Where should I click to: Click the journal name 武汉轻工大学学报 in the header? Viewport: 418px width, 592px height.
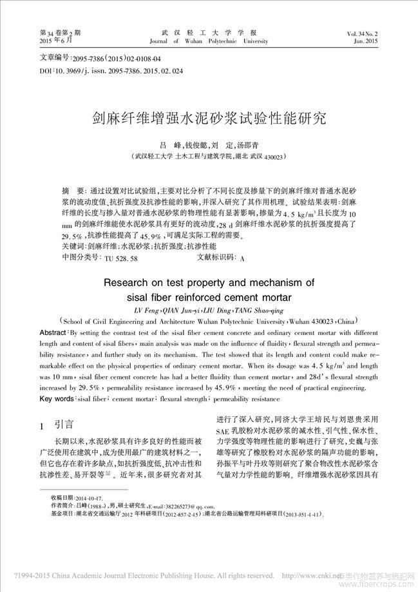click(x=209, y=32)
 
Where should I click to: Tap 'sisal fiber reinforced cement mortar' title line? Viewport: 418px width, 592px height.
click(x=210, y=297)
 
